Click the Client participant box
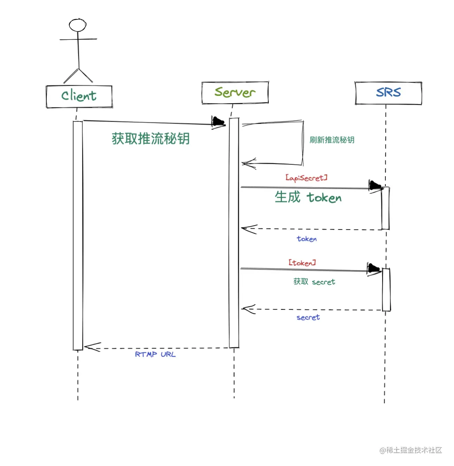[79, 96]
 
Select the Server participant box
[235, 93]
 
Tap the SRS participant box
[388, 93]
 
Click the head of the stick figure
[78, 25]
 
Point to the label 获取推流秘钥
[151, 139]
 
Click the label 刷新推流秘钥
[332, 140]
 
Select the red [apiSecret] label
[307, 178]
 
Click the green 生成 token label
[308, 198]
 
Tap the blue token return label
[307, 239]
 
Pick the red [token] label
[302, 263]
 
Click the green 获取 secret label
[314, 282]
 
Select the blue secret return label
[308, 318]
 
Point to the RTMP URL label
[155, 354]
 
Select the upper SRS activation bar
[385, 208]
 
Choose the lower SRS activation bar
[386, 289]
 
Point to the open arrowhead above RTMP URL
[92, 347]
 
